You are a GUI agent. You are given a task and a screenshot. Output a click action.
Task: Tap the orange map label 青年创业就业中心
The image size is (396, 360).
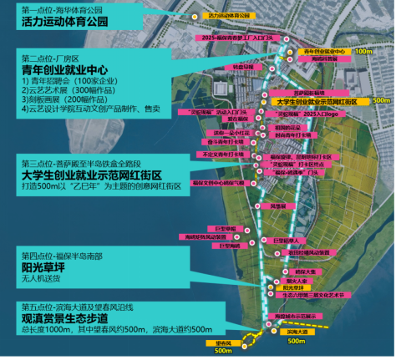coord(323,50)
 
